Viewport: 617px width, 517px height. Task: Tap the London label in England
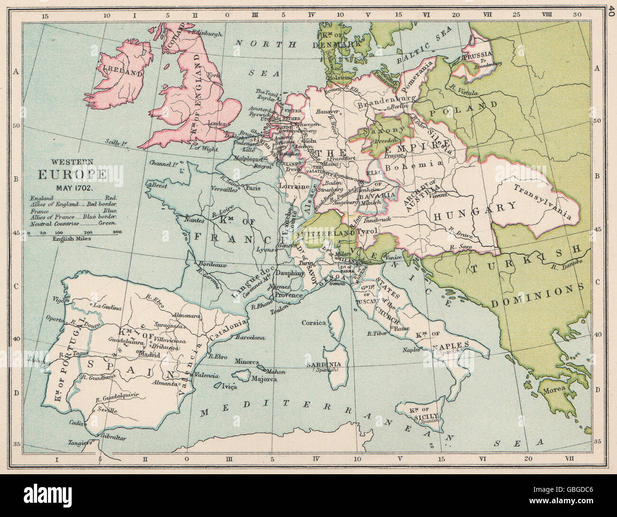click(x=217, y=124)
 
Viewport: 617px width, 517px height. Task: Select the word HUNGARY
click(x=474, y=210)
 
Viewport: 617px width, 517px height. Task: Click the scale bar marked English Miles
click(x=72, y=234)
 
